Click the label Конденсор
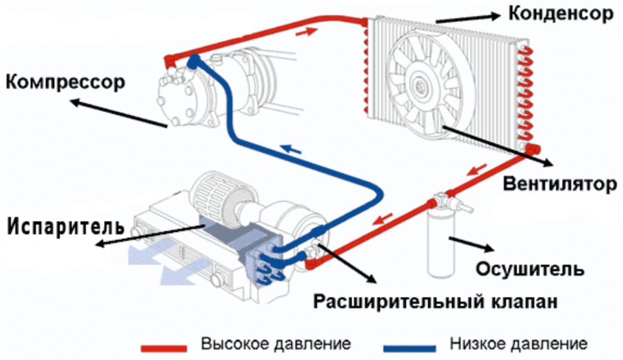[x=561, y=14]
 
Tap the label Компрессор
[x=65, y=82]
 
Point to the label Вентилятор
[x=560, y=184]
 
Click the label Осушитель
[x=530, y=269]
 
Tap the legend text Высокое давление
[x=276, y=344]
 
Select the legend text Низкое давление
[x=518, y=344]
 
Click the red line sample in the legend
[x=164, y=348]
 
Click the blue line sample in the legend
[x=410, y=348]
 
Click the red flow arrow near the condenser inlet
[x=306, y=32]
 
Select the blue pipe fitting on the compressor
[x=194, y=61]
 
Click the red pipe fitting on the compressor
[x=170, y=61]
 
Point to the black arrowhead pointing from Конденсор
[x=496, y=16]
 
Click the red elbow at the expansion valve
[x=311, y=264]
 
